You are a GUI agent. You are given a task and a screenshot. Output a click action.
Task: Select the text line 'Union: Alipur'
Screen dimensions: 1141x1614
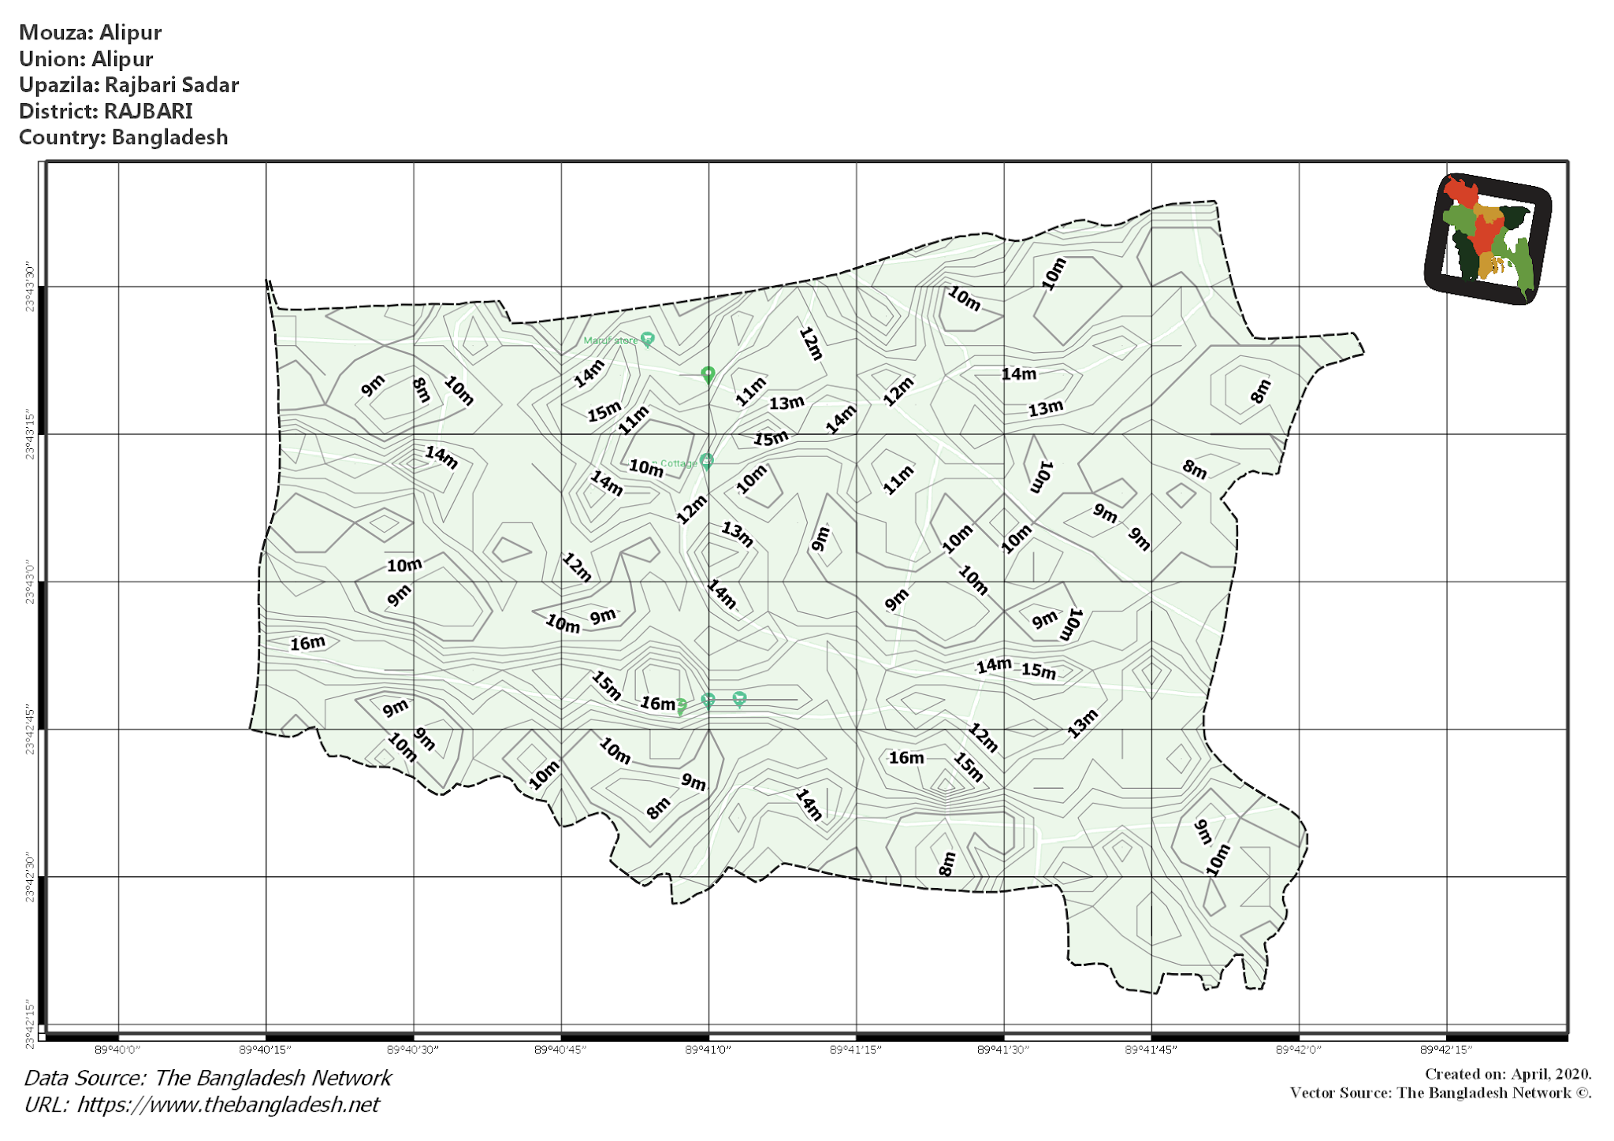pos(86,59)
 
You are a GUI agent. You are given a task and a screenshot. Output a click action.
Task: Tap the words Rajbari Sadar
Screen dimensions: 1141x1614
pos(172,85)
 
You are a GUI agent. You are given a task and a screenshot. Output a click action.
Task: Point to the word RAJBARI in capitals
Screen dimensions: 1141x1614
pos(148,111)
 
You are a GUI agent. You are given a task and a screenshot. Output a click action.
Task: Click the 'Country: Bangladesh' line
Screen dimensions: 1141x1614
pos(123,137)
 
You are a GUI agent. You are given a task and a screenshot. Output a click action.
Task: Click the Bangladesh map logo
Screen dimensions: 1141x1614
pos(1488,239)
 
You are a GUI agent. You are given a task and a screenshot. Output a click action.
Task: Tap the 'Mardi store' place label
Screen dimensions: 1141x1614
pos(610,340)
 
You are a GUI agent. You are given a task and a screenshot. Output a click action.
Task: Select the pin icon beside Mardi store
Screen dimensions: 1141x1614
pos(647,340)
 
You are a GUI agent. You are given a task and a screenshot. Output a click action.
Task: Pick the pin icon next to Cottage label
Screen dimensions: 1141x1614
pos(707,462)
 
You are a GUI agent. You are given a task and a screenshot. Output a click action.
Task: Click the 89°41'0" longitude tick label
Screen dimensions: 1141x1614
pos(708,1050)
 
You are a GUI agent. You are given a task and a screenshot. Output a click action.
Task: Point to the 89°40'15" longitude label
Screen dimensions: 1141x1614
pos(266,1050)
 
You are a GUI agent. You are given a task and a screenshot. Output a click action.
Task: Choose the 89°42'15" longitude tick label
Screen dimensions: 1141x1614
pos(1446,1050)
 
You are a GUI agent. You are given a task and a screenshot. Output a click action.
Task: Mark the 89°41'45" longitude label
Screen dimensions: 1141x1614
pos(1151,1050)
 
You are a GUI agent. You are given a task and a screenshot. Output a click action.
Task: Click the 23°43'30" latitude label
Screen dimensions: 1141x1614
pos(30,288)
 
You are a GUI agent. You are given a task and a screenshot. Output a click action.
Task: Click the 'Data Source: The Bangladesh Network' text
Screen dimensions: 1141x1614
pos(207,1078)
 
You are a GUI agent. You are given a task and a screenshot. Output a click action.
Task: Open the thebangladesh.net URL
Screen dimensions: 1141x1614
pos(202,1105)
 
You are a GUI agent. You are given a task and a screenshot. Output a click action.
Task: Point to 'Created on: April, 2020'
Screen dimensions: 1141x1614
pos(1508,1074)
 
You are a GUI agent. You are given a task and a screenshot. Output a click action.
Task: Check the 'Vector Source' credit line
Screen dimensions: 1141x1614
pos(1440,1093)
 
